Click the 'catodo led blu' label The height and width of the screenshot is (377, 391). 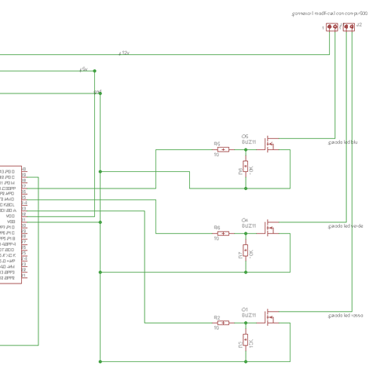(342, 142)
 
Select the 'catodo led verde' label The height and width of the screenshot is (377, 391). (345, 225)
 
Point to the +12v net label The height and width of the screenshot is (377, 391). (124, 53)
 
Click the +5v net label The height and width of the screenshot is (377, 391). (84, 68)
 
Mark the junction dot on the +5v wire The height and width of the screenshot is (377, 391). (95, 71)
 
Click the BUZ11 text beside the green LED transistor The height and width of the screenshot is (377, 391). (249, 225)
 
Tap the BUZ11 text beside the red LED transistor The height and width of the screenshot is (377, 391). (249, 315)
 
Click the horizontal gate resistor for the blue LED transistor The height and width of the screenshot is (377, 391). (223, 149)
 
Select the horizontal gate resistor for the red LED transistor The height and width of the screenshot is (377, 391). (223, 323)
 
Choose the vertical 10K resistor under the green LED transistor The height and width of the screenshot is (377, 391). (246, 251)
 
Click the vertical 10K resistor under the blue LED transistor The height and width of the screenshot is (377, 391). (246, 167)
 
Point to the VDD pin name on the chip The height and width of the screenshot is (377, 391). (10, 216)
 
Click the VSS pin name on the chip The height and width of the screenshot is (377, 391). (10, 221)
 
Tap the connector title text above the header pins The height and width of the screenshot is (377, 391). (329, 14)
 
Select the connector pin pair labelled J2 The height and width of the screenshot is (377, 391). (349, 27)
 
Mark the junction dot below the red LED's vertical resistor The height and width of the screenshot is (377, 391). (246, 362)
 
